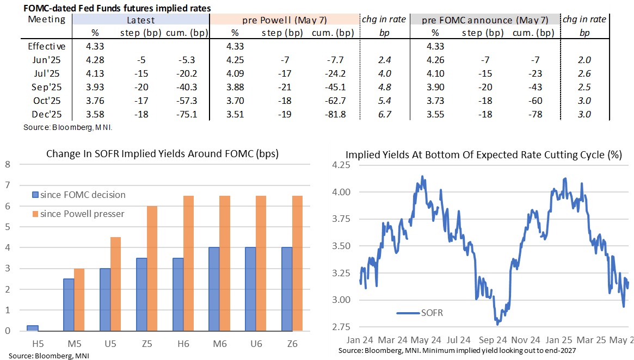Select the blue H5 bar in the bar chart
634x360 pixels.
coord(33,328)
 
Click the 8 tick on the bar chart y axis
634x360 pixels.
coord(8,164)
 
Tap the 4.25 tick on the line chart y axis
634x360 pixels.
coord(342,166)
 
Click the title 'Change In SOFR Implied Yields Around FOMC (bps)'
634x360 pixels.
coord(162,154)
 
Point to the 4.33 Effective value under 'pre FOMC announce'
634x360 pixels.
coord(435,46)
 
